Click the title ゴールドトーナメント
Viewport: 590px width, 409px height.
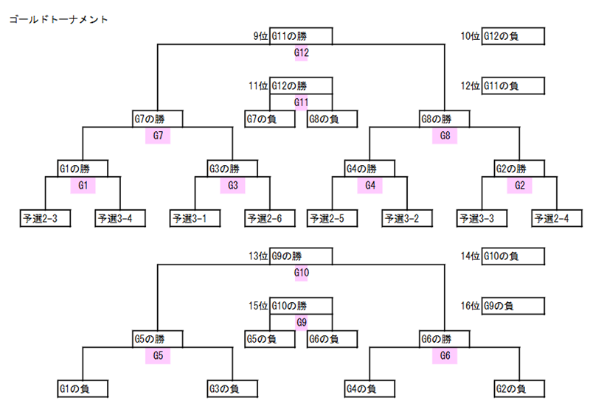pos(58,19)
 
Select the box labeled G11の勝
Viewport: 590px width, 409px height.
pos(301,36)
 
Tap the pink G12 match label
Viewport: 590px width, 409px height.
pos(302,52)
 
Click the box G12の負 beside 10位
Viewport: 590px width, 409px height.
pos(513,36)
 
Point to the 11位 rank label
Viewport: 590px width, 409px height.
pos(258,85)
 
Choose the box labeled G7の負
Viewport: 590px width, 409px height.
pos(270,119)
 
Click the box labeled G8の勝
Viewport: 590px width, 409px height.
pos(445,119)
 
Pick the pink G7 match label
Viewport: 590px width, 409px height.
pos(158,136)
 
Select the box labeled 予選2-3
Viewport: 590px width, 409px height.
pos(45,218)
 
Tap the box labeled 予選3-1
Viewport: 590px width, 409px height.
pos(195,218)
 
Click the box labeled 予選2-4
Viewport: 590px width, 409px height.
pos(558,218)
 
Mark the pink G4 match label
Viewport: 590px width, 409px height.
pos(370,185)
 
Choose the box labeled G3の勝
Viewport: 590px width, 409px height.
pos(232,169)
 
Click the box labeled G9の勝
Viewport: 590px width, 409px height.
pos(301,256)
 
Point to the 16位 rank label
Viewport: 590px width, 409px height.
pos(471,306)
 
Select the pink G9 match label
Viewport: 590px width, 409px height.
pos(302,323)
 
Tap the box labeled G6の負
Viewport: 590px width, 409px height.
pos(333,339)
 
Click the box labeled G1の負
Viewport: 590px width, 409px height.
pos(83,388)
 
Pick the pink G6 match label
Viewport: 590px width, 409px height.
pos(445,356)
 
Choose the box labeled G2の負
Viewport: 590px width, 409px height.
pos(520,388)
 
